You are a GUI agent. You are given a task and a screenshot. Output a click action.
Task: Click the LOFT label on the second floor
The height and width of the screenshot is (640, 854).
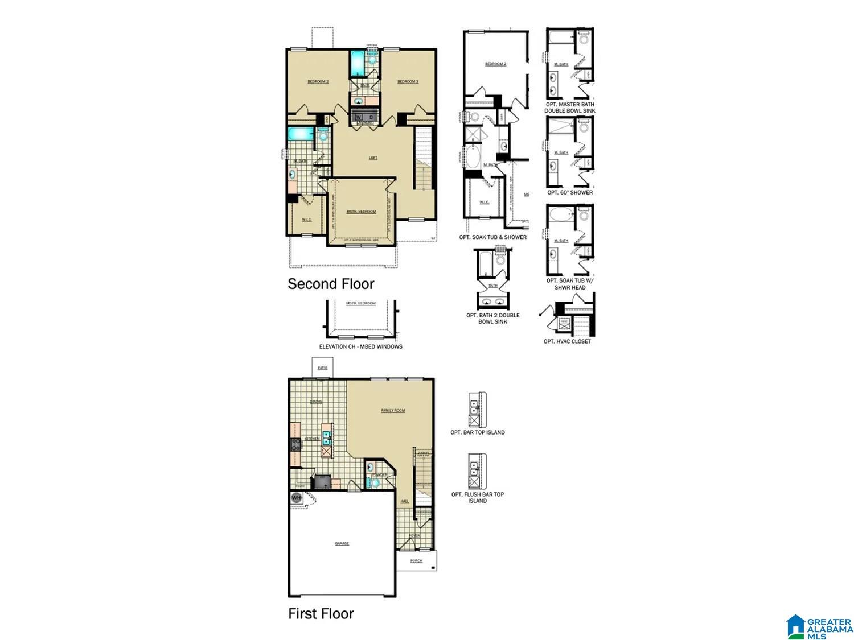click(373, 158)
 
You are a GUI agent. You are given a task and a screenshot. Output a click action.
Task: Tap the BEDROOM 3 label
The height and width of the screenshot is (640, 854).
click(408, 82)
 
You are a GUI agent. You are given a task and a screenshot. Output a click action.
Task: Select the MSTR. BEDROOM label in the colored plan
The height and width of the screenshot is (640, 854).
click(361, 212)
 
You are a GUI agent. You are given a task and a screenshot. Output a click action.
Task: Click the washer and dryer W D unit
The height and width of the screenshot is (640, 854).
click(365, 117)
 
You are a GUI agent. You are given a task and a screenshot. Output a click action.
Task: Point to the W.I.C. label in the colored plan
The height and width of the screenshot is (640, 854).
click(306, 220)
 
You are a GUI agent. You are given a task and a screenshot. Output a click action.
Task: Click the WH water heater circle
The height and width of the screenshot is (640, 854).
click(296, 498)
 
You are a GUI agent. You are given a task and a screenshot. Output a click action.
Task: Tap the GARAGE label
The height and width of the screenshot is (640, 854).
click(342, 544)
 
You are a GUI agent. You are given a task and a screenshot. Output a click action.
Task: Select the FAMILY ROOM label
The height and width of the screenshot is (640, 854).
click(393, 410)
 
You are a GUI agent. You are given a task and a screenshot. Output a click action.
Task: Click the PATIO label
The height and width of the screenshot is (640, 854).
click(323, 368)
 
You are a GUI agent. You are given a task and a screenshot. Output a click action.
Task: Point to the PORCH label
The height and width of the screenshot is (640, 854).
click(416, 561)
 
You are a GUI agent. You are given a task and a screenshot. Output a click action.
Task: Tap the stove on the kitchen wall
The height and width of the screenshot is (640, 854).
click(295, 444)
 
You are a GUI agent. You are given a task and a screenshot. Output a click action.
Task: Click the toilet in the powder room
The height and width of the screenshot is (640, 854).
click(375, 483)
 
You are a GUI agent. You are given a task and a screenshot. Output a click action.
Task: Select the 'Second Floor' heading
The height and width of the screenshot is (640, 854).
click(331, 284)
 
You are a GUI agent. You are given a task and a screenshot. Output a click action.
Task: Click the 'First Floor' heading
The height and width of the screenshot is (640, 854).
click(321, 613)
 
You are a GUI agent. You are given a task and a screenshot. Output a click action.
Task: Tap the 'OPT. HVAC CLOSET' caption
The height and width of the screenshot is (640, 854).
click(567, 341)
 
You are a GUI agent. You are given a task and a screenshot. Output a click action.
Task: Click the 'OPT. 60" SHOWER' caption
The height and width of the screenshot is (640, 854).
click(570, 192)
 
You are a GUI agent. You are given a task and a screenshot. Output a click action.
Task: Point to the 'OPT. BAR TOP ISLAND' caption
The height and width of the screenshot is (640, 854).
click(477, 432)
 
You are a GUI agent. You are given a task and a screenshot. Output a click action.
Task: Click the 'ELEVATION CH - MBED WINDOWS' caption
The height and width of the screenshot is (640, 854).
click(361, 346)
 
